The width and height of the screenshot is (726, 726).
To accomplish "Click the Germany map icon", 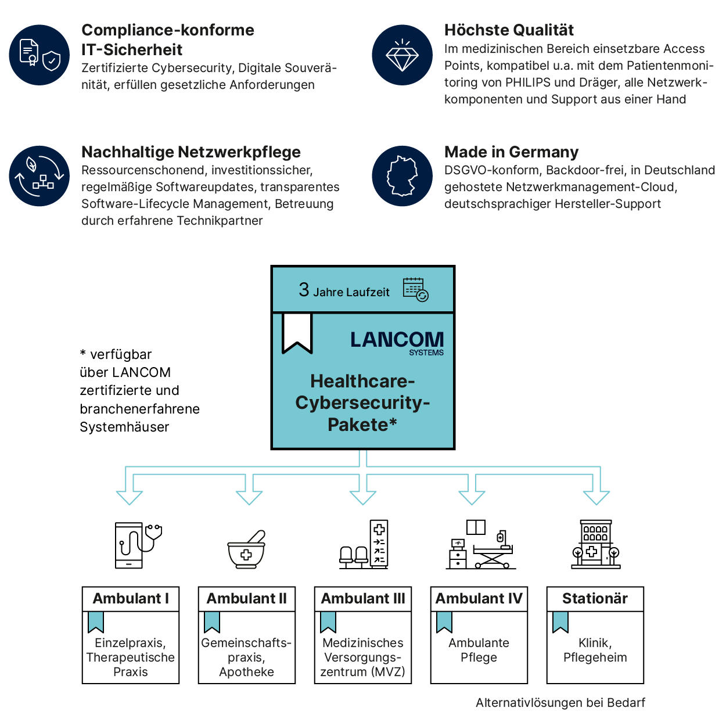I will click(x=402, y=176).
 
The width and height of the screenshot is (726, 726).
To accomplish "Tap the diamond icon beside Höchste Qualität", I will click(x=402, y=55).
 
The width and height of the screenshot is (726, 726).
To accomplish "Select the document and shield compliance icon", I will click(x=39, y=55).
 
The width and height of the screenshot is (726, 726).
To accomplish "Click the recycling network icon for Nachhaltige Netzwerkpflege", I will click(x=39, y=176).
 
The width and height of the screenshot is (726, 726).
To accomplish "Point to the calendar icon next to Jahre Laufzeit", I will click(x=415, y=289).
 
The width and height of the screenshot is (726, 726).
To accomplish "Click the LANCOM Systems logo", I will click(x=397, y=342).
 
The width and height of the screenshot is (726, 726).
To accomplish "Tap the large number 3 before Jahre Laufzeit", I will click(x=304, y=290).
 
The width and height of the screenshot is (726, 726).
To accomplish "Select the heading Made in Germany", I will click(x=511, y=152).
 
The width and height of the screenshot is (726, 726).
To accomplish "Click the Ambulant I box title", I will click(x=131, y=599).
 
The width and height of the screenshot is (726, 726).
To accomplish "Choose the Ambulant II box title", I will click(x=247, y=599).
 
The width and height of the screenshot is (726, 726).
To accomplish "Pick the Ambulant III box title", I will click(x=363, y=599).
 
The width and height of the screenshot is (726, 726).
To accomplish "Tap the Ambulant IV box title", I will click(x=479, y=599).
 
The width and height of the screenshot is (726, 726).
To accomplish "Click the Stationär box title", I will click(x=595, y=599).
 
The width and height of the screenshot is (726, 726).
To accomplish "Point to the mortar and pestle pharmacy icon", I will click(x=247, y=549).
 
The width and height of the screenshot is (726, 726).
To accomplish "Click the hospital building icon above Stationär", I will click(x=596, y=544).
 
